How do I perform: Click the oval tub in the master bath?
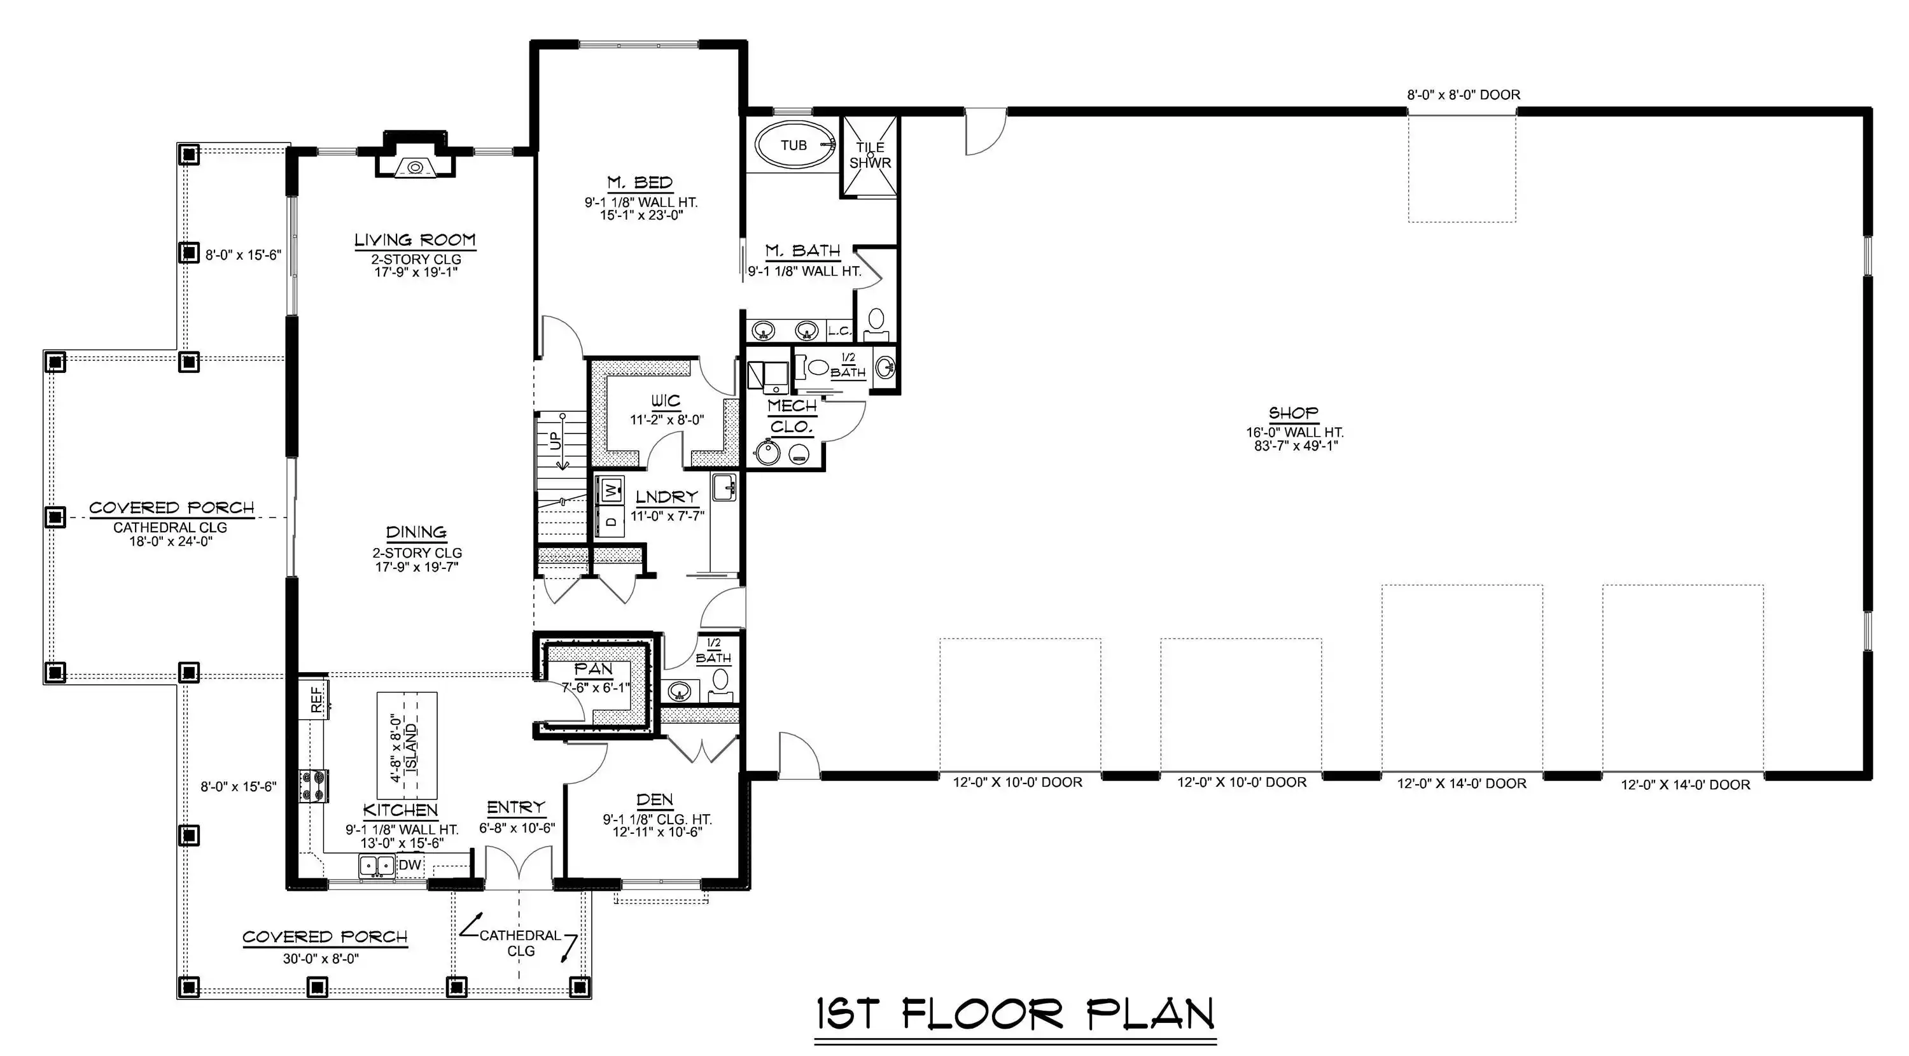pyautogui.click(x=794, y=144)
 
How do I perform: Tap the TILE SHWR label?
pyautogui.click(x=870, y=155)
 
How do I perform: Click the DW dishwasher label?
pyautogui.click(x=410, y=865)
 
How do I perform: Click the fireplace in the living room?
pyautogui.click(x=415, y=155)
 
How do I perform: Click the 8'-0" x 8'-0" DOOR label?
pyautogui.click(x=1464, y=95)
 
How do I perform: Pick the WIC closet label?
pyautogui.click(x=666, y=402)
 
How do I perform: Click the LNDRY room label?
pyautogui.click(x=667, y=497)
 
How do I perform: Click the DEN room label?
pyautogui.click(x=655, y=800)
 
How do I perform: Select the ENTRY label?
pyautogui.click(x=516, y=807)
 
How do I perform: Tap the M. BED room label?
pyautogui.click(x=640, y=182)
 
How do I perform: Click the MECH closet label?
pyautogui.click(x=792, y=406)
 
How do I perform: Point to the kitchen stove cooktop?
pyautogui.click(x=314, y=785)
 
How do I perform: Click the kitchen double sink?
pyautogui.click(x=377, y=866)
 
